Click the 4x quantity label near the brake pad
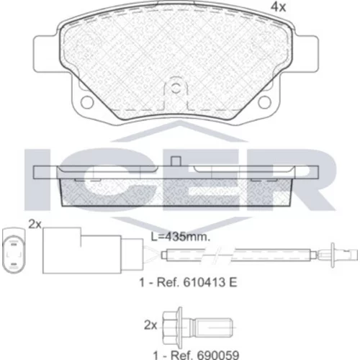[279, 7]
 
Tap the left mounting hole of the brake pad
[87, 102]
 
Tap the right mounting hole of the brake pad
[264, 102]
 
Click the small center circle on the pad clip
[176, 89]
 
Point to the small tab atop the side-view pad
[176, 161]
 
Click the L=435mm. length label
[181, 237]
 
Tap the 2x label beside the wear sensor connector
[35, 224]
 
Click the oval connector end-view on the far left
[14, 251]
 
